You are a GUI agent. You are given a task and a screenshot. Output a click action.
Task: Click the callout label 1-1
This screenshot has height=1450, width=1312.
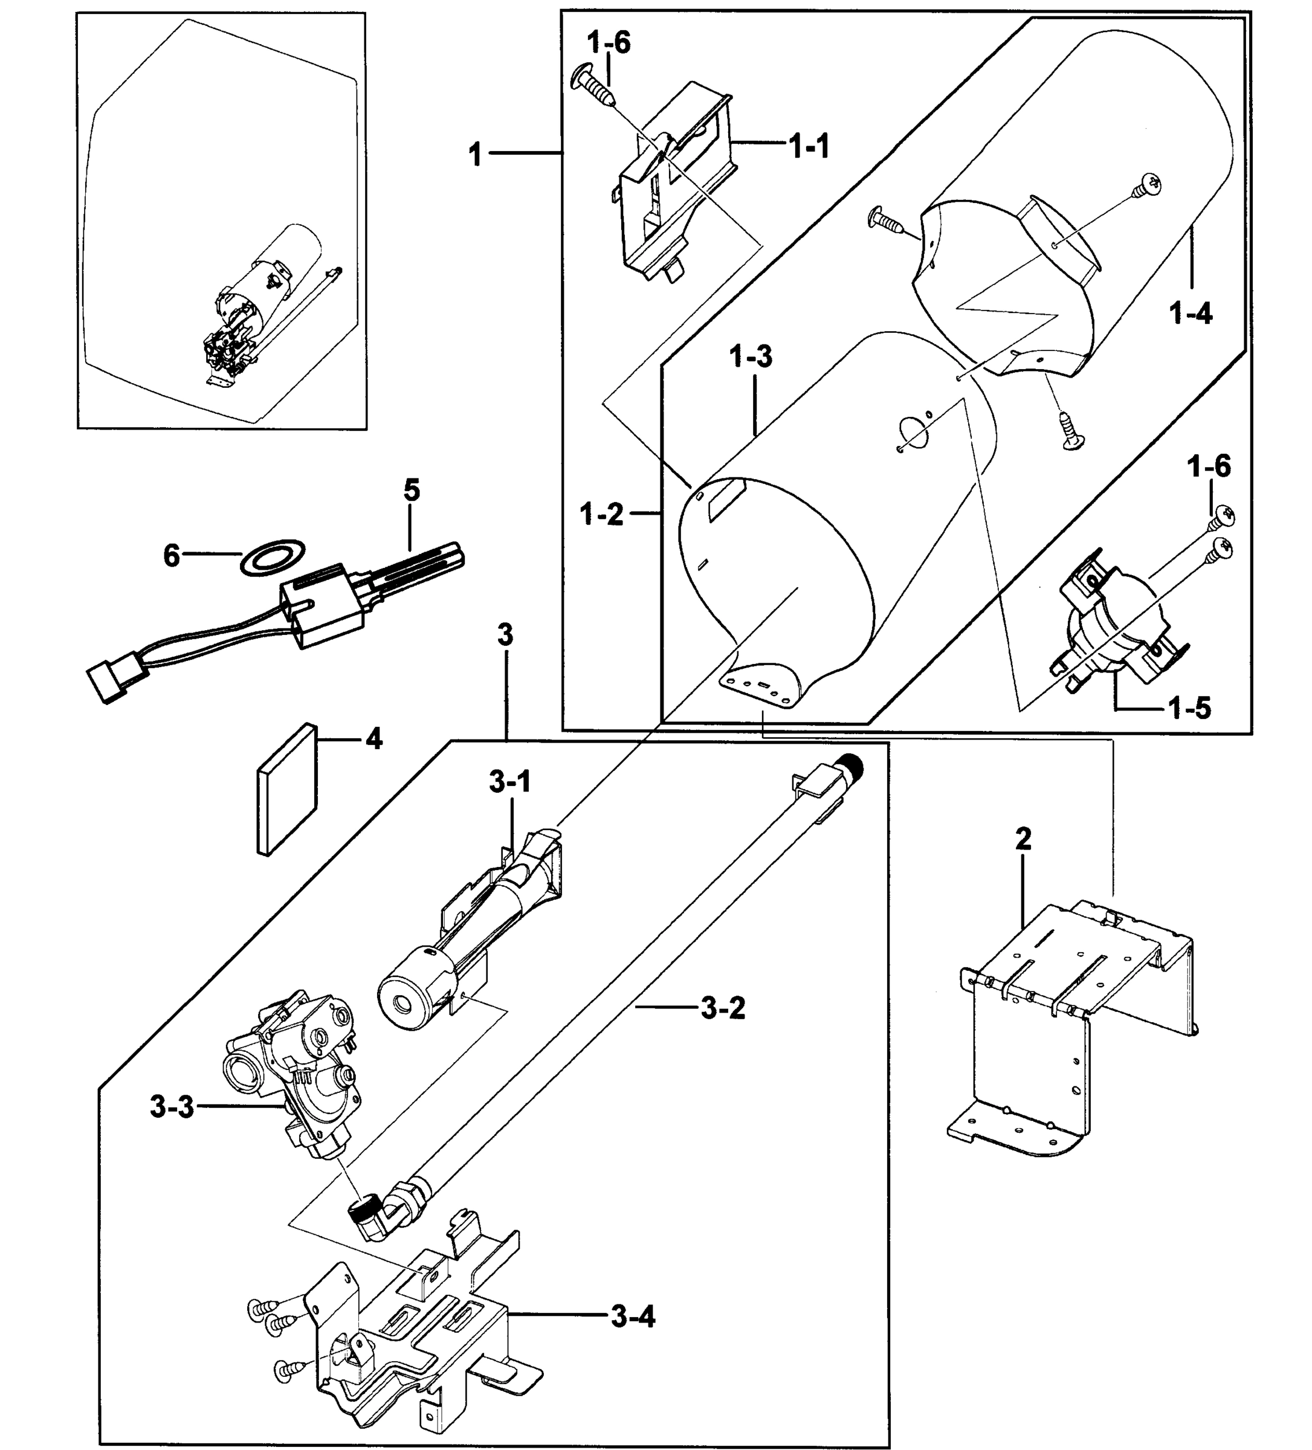click(x=809, y=147)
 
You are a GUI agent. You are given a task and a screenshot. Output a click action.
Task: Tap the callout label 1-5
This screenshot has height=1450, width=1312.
click(x=1190, y=709)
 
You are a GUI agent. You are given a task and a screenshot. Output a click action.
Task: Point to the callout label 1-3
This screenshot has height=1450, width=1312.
click(x=751, y=356)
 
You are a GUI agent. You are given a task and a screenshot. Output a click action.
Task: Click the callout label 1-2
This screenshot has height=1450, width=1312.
click(x=601, y=514)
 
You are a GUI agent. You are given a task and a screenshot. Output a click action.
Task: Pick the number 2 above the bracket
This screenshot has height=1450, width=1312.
click(x=1023, y=838)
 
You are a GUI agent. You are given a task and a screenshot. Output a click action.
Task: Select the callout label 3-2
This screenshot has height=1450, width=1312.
click(x=723, y=1008)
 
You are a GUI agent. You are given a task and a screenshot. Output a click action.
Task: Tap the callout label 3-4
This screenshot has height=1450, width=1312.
click(x=633, y=1317)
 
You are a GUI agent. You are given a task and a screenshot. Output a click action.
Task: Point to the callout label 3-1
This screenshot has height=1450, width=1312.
click(x=510, y=782)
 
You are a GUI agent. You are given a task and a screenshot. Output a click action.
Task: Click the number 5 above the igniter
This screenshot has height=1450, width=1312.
click(x=412, y=491)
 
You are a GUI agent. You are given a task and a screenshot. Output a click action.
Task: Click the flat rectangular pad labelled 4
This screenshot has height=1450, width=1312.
click(x=286, y=789)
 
